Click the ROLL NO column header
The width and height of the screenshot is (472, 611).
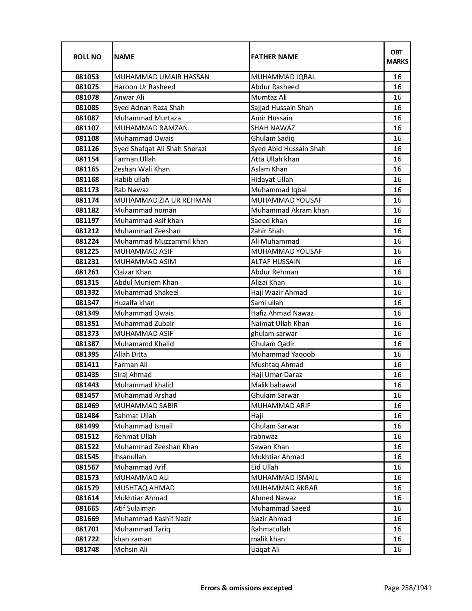87,57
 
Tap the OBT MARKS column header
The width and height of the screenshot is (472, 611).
397,57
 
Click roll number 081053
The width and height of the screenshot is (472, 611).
87,77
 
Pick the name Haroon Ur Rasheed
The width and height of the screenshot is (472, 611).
145,87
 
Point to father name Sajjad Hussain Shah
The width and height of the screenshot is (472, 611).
282,108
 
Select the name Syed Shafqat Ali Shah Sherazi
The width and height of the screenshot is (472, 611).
160,149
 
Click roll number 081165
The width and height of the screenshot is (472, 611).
87,169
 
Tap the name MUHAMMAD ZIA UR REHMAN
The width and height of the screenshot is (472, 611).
163,200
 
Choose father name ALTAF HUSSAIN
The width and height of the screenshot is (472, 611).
276,262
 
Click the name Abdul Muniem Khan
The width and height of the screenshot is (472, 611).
146,283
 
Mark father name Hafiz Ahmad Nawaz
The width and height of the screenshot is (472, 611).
282,313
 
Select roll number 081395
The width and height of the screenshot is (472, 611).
87,354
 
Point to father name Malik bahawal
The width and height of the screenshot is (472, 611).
274,385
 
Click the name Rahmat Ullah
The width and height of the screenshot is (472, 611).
135,416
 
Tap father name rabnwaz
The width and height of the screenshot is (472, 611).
264,437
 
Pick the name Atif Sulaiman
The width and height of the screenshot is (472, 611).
135,508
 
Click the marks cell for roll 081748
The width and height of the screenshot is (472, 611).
397,550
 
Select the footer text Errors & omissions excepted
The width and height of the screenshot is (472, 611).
246,588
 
